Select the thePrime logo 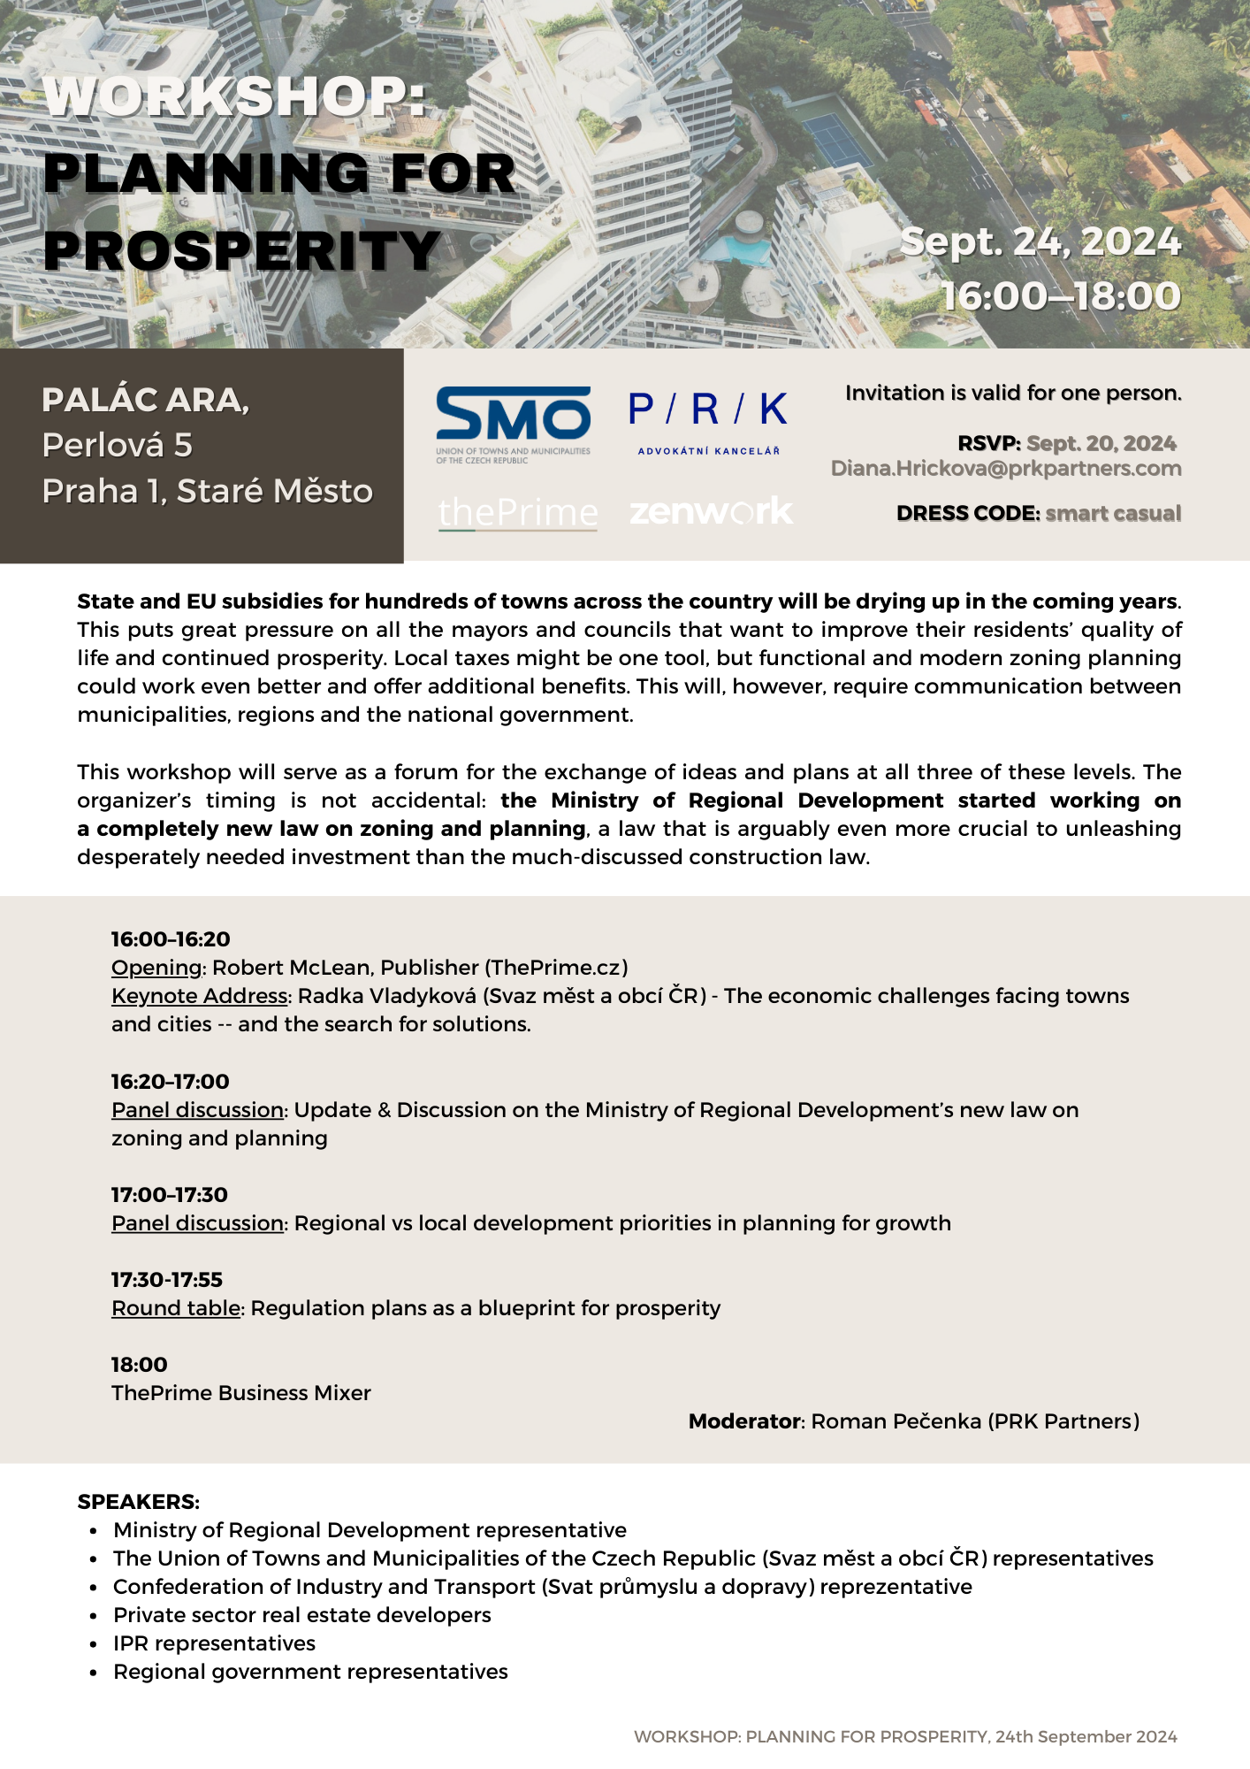coord(518,512)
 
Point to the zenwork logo coord(711,511)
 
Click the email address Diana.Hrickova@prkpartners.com coord(1005,469)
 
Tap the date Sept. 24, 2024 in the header coord(1040,241)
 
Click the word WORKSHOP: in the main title coord(235,96)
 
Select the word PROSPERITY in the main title coord(242,250)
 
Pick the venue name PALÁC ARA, coord(145,400)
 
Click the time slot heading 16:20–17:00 coord(170,1081)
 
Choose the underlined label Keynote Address coord(199,996)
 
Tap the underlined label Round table coord(175,1308)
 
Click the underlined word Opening coord(156,968)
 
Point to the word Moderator coord(744,1421)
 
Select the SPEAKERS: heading coord(138,1502)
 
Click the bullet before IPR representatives coord(94,1644)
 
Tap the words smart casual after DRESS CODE coord(1112,514)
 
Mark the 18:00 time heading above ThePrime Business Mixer coord(139,1365)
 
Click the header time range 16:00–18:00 coord(1061,296)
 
